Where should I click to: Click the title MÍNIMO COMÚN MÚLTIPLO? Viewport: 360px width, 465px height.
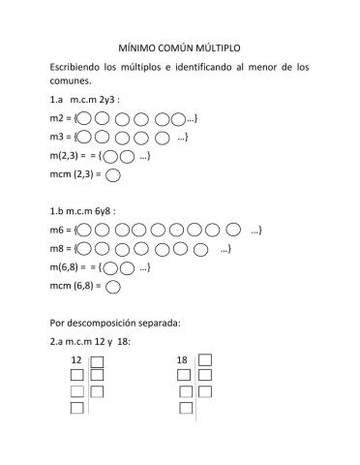pos(179,46)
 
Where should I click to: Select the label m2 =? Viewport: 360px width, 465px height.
pos(60,119)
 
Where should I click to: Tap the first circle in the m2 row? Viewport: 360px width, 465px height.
pos(85,119)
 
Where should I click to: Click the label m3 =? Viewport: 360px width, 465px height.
pos(60,137)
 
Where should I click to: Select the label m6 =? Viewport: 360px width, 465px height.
pos(60,230)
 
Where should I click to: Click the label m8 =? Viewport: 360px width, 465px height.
pos(60,248)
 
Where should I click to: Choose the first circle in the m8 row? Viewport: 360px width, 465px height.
pos(85,248)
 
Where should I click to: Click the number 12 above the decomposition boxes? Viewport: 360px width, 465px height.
pos(76,360)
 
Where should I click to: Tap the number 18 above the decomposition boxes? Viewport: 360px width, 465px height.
pos(182,360)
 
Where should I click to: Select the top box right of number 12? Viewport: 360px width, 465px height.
pos(97,359)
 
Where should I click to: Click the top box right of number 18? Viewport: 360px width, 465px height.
pos(203,359)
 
